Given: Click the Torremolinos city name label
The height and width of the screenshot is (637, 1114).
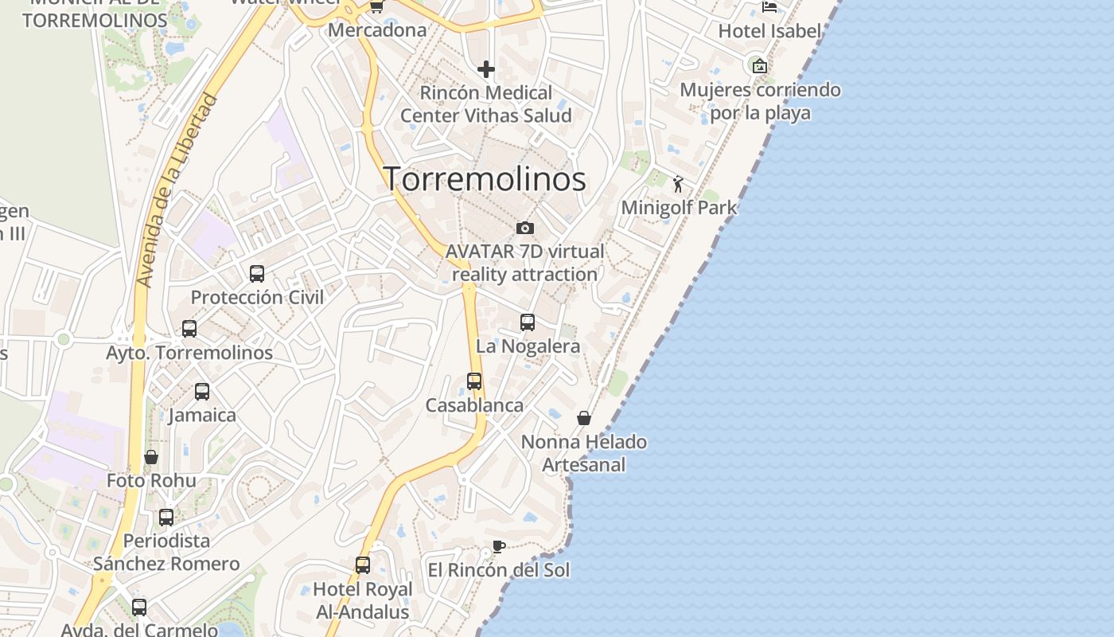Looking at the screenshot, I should click(485, 179).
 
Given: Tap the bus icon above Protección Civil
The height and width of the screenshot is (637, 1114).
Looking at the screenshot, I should click(257, 274).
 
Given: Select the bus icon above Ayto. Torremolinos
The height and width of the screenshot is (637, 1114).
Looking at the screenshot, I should click(189, 329).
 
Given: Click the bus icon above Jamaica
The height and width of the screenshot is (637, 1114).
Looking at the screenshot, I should click(202, 392).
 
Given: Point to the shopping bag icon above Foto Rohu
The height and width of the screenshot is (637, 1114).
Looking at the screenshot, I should click(151, 457).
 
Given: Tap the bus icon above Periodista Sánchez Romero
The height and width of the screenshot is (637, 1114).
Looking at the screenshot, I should click(166, 518).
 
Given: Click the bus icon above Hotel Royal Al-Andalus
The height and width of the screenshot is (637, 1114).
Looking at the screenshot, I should click(363, 565).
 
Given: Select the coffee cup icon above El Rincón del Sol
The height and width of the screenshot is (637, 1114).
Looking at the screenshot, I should click(498, 547).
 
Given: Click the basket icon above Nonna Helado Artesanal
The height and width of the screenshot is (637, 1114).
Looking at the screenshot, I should click(584, 418).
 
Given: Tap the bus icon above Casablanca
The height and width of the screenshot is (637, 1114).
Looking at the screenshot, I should click(474, 381).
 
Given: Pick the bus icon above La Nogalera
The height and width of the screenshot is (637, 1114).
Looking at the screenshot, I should click(528, 322).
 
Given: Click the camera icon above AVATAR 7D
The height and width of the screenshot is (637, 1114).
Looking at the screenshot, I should click(525, 229).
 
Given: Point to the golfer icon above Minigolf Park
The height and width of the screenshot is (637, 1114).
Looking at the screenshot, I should click(678, 185).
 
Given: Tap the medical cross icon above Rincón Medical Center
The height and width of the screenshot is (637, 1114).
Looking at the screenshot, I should click(486, 69).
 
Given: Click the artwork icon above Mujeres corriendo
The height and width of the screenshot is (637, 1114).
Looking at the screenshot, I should click(760, 66).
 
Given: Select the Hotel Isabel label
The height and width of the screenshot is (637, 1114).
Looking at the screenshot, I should click(769, 31).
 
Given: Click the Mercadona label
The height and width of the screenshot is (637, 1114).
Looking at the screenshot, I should click(377, 30).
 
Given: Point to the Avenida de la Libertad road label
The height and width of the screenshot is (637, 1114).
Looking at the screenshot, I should click(176, 191).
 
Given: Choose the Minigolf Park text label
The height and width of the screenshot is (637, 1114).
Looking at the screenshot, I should click(679, 208).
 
